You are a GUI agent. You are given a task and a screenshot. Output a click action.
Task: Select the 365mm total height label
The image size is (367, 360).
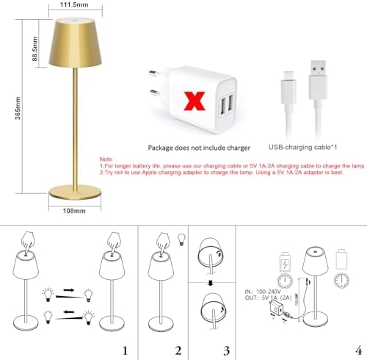coord(12,110)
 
